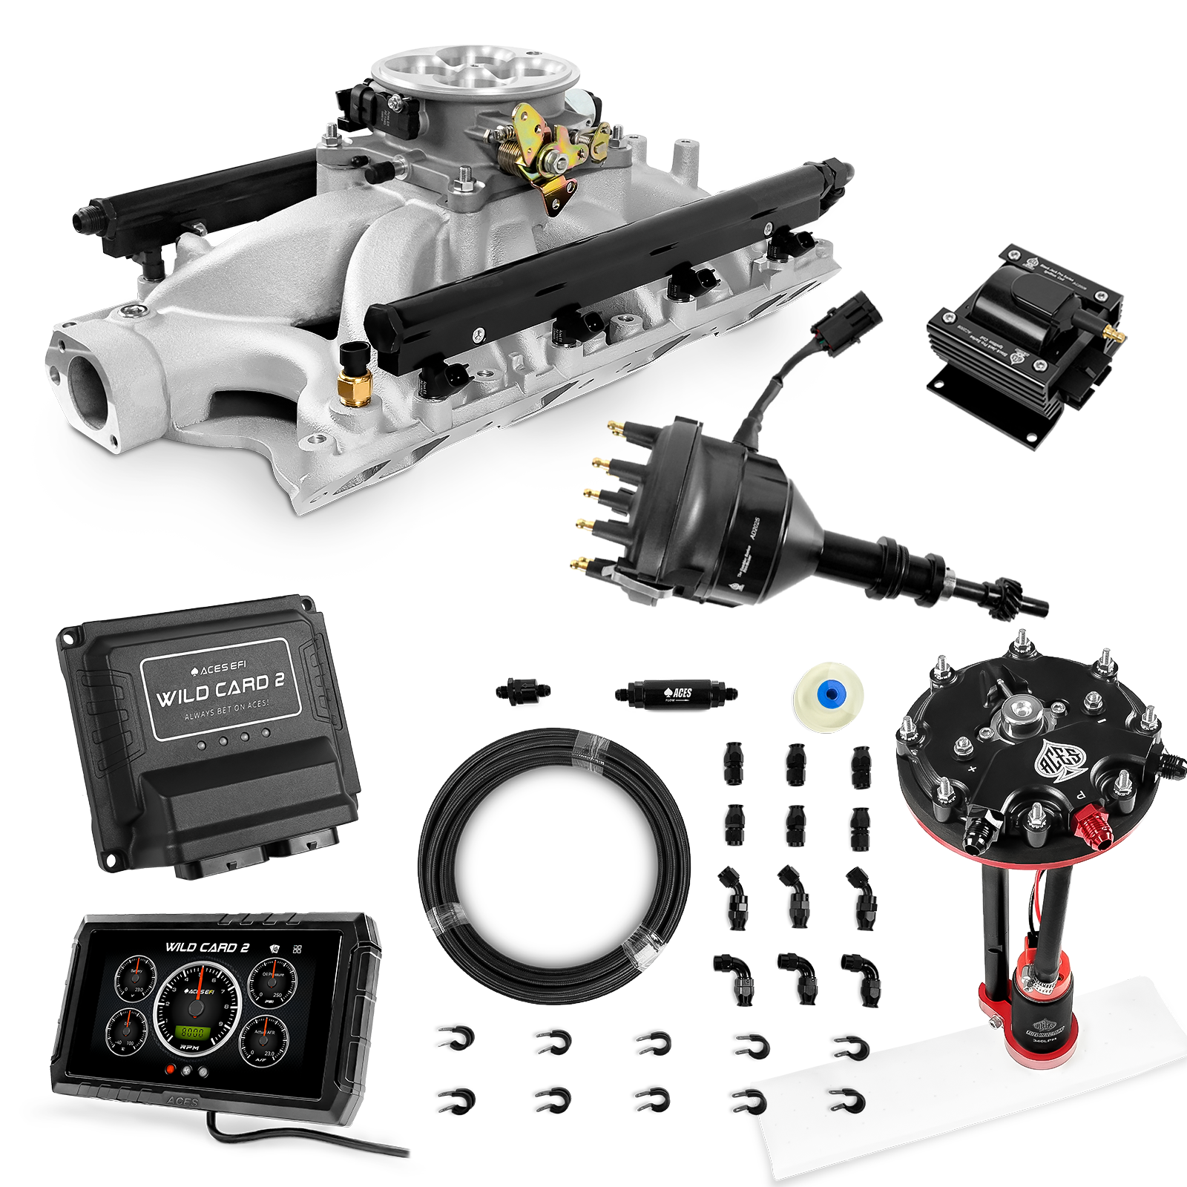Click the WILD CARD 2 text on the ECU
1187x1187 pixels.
(220, 689)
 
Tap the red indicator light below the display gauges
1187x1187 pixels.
(171, 1071)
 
